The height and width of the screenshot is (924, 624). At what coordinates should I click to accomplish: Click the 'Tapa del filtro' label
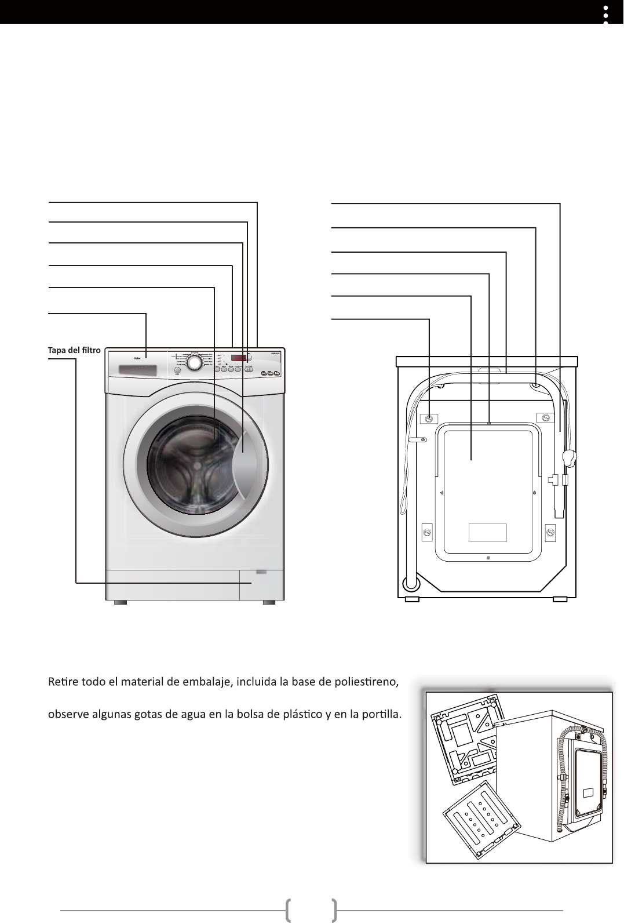point(74,350)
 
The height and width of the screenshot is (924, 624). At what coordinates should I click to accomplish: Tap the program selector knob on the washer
point(196,362)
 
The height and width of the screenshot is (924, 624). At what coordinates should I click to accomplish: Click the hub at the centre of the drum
point(198,465)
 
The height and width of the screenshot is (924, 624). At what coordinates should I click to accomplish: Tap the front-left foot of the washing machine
point(120,603)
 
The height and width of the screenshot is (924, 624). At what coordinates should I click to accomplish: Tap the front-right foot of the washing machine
point(268,603)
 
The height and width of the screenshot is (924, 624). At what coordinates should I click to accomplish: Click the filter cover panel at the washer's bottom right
point(261,584)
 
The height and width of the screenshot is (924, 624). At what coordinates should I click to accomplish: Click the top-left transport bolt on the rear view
point(429,419)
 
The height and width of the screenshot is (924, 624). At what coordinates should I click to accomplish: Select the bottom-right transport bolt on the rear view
point(550,531)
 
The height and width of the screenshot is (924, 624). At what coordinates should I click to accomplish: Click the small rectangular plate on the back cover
point(487,532)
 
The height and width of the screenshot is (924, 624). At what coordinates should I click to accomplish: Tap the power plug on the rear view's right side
point(570,459)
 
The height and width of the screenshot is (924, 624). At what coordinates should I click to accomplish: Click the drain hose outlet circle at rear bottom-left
point(410,582)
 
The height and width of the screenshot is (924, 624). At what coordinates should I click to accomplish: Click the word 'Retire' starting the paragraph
point(63,681)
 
